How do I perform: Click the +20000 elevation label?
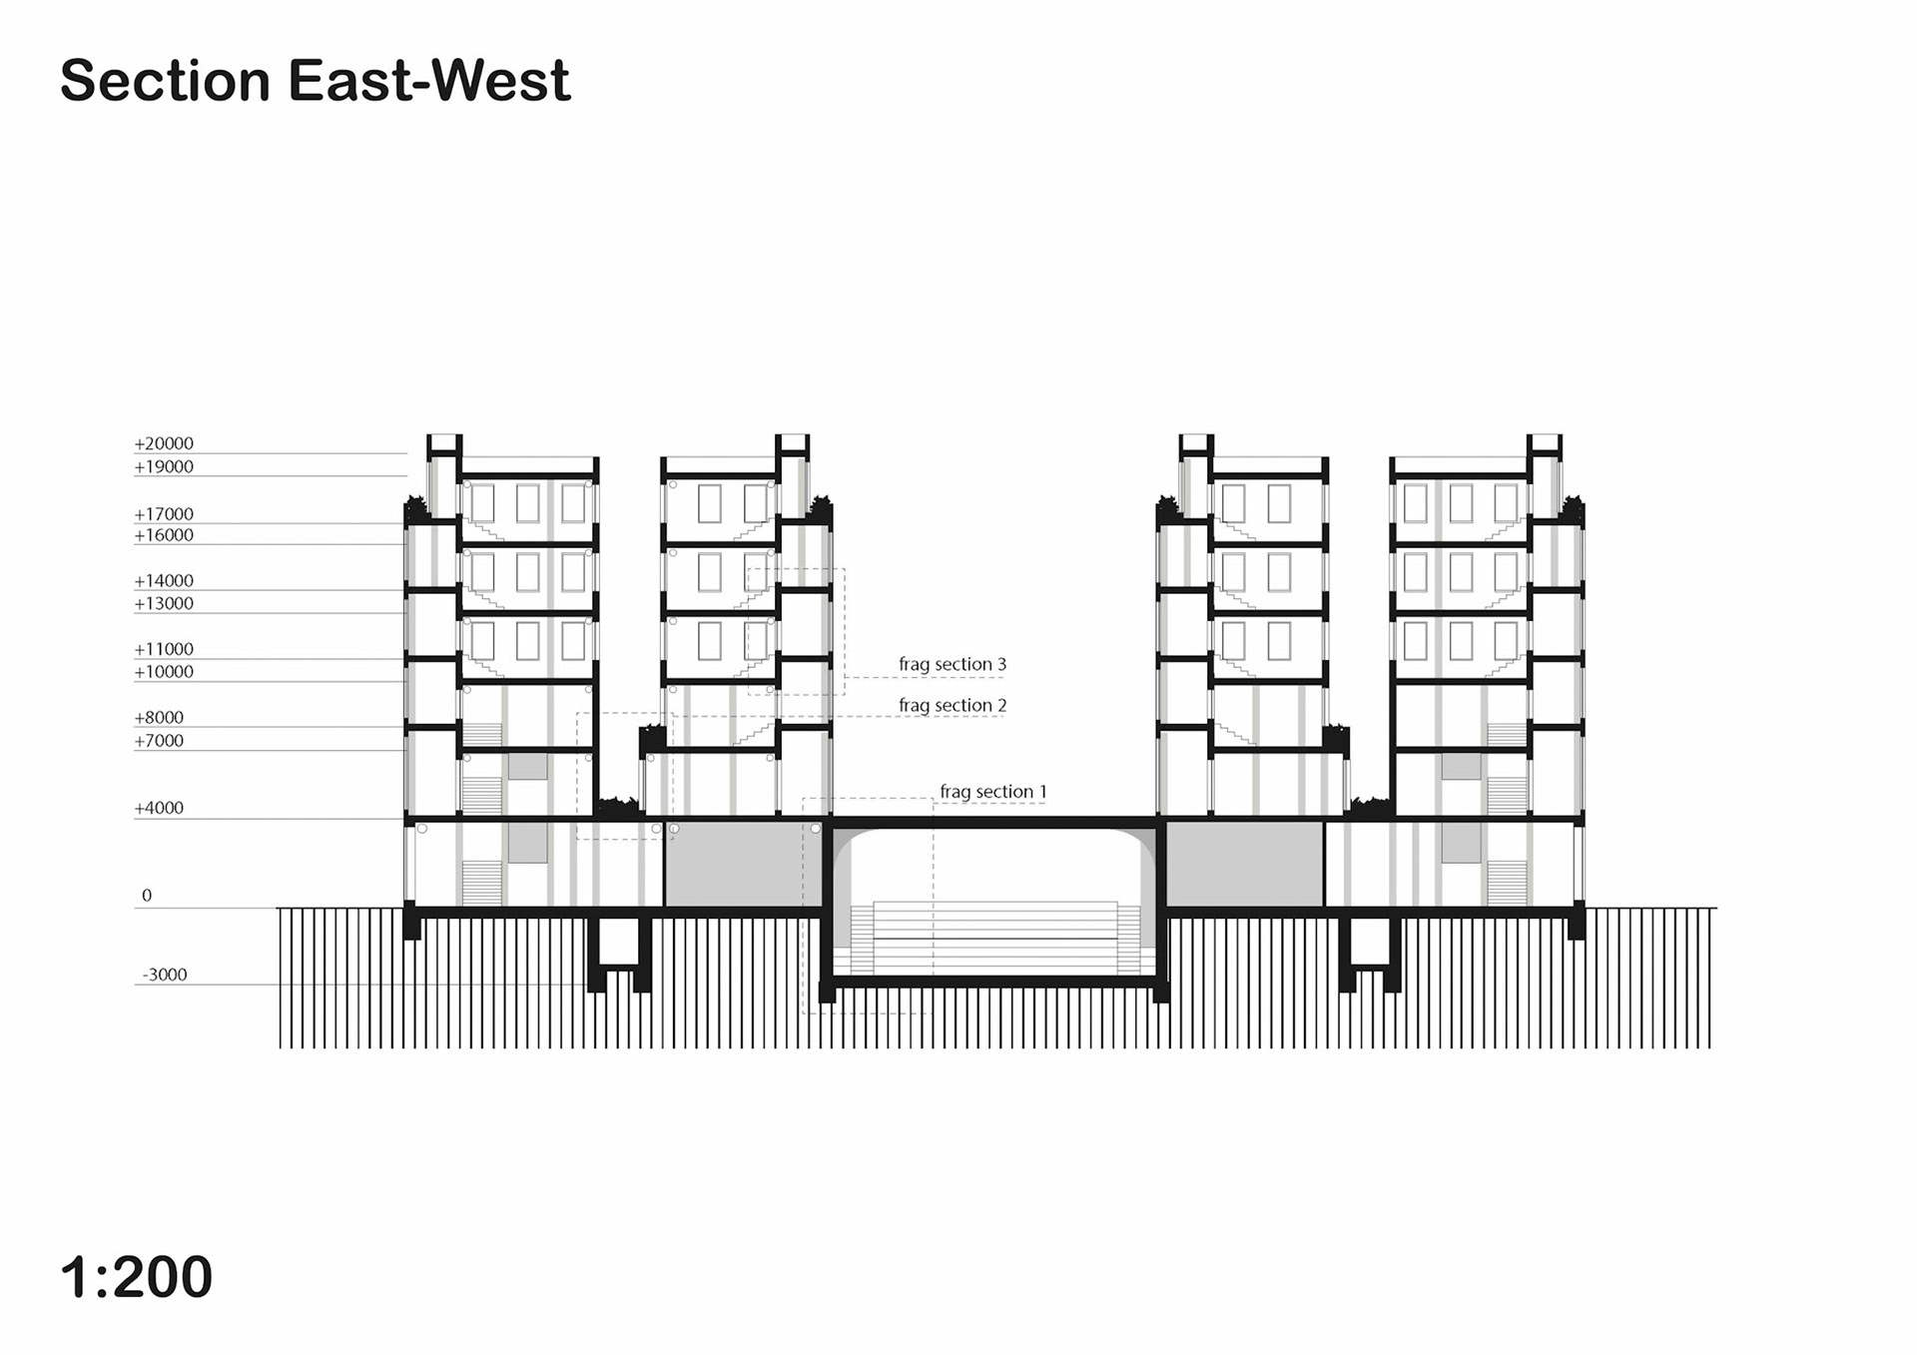[164, 443]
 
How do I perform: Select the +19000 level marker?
[164, 466]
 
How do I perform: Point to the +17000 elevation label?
[164, 514]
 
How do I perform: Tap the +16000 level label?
[164, 535]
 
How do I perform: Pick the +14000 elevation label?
[164, 581]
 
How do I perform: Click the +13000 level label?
[164, 603]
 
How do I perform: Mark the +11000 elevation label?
[164, 649]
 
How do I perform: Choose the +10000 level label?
[164, 672]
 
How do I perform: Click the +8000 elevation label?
[159, 717]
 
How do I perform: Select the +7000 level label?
[159, 741]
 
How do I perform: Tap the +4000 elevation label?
[159, 808]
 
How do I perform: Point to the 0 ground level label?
[147, 896]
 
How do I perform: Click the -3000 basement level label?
[165, 975]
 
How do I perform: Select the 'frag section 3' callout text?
[953, 664]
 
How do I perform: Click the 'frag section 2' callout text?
[953, 705]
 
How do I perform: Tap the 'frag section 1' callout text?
[993, 792]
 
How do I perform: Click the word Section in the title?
[166, 80]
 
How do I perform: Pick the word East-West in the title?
[429, 80]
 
